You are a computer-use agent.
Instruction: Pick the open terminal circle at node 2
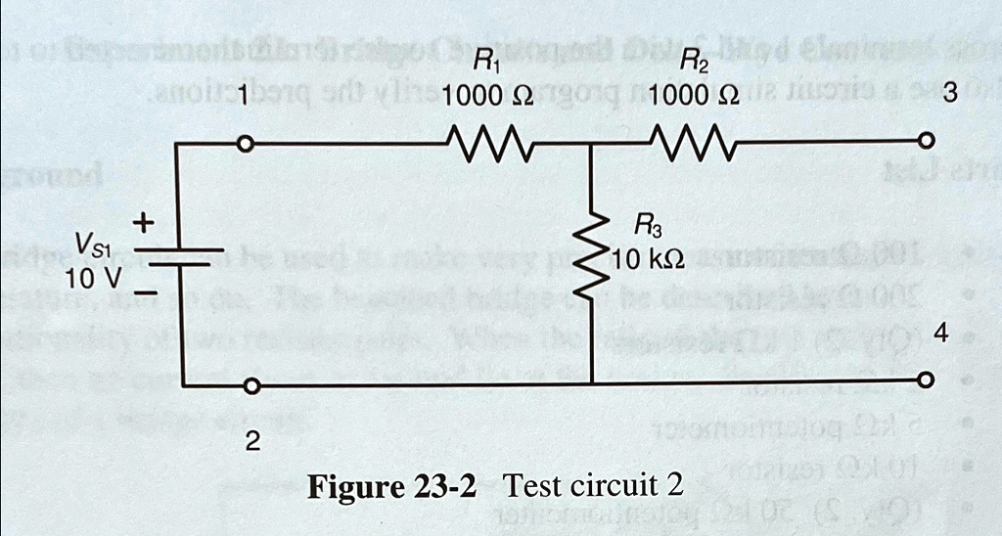pyautogui.click(x=251, y=387)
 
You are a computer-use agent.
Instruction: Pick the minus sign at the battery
pyautogui.click(x=145, y=292)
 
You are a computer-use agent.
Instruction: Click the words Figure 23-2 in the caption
pyautogui.click(x=391, y=486)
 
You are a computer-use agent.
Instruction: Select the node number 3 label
pyautogui.click(x=947, y=96)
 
